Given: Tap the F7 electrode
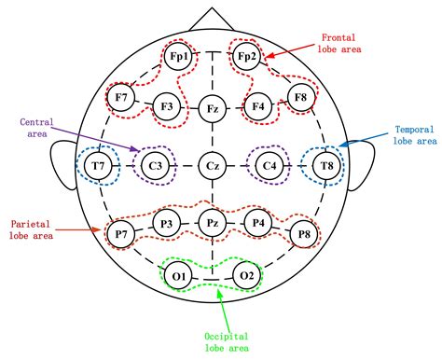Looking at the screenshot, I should click(120, 96).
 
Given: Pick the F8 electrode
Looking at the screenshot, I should click(300, 96).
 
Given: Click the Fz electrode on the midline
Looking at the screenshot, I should click(213, 110).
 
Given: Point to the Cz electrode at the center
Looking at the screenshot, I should click(213, 167).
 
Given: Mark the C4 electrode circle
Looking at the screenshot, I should click(269, 167).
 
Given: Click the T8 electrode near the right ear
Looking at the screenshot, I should click(326, 167).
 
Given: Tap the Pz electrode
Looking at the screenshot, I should click(213, 223).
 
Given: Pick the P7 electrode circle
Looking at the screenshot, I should click(120, 233).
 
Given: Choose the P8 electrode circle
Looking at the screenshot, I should click(300, 233).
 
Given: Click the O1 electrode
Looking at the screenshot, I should click(180, 276).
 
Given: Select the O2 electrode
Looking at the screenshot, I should click(245, 276).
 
